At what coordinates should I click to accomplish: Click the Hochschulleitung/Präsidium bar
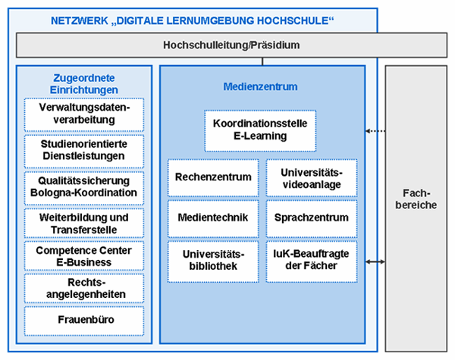(231, 45)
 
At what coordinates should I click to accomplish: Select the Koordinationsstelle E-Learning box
(260, 131)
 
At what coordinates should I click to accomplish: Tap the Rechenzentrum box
(213, 177)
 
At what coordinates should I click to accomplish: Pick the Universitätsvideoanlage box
(312, 177)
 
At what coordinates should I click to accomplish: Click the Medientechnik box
(213, 218)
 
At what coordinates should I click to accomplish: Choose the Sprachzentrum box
(312, 218)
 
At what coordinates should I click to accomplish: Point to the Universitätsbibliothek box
(213, 261)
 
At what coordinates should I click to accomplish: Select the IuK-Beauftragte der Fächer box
(312, 261)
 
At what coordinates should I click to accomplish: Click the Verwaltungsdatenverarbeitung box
(84, 114)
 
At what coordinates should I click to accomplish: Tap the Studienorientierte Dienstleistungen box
(84, 151)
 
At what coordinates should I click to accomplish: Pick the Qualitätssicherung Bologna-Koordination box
(84, 188)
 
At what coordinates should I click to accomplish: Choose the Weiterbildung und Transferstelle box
(84, 223)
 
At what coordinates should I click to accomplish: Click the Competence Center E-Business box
(84, 255)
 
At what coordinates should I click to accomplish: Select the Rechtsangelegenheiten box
(84, 288)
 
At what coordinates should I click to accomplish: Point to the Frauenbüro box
(84, 321)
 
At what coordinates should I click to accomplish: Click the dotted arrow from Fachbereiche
(375, 131)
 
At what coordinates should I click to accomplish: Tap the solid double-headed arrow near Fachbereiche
(375, 261)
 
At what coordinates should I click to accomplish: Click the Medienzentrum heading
(260, 86)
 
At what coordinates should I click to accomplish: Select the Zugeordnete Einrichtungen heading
(84, 84)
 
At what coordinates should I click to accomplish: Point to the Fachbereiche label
(416, 199)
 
